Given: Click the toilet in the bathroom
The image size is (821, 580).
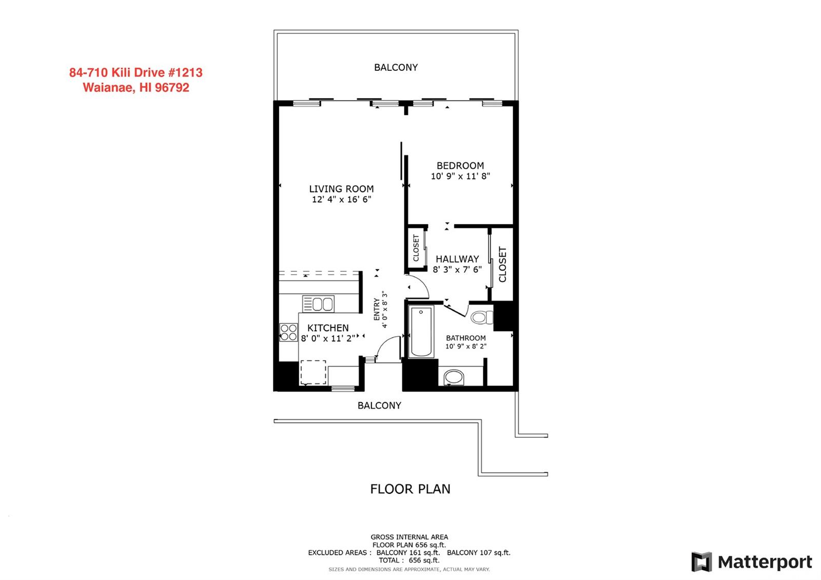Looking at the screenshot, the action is (x=482, y=317).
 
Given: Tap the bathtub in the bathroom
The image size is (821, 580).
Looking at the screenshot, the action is (x=421, y=332).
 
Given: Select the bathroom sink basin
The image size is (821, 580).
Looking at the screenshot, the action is (x=454, y=377).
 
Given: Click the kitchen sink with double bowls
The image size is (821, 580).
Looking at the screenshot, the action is (x=318, y=304).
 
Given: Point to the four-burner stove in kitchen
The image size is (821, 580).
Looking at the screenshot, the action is (x=288, y=333).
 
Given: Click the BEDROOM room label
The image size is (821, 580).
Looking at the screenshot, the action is (x=460, y=166).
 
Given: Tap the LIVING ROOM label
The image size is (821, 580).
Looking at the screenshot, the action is (x=341, y=189).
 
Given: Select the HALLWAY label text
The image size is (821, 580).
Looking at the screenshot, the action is (x=457, y=259).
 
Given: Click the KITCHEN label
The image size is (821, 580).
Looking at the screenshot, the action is (x=328, y=328).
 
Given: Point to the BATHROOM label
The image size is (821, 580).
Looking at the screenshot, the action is (x=465, y=338).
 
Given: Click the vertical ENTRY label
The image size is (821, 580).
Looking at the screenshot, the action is (x=377, y=309).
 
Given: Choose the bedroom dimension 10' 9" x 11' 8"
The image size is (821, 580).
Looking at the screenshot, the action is (x=460, y=177).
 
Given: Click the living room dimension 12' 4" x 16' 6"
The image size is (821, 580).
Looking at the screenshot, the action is (x=341, y=200).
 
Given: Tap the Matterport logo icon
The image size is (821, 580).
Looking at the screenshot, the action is (x=701, y=562).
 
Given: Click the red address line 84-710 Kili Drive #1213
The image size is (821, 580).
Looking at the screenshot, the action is (x=135, y=72).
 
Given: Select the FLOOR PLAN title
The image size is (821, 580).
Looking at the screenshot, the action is (x=410, y=489).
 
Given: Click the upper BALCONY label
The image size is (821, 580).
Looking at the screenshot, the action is (x=396, y=67).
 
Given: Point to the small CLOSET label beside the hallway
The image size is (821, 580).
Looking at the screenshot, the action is (x=416, y=248).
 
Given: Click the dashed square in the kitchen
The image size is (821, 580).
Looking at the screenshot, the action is (x=314, y=373).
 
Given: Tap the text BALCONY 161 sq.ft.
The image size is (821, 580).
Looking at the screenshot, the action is (x=408, y=552).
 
